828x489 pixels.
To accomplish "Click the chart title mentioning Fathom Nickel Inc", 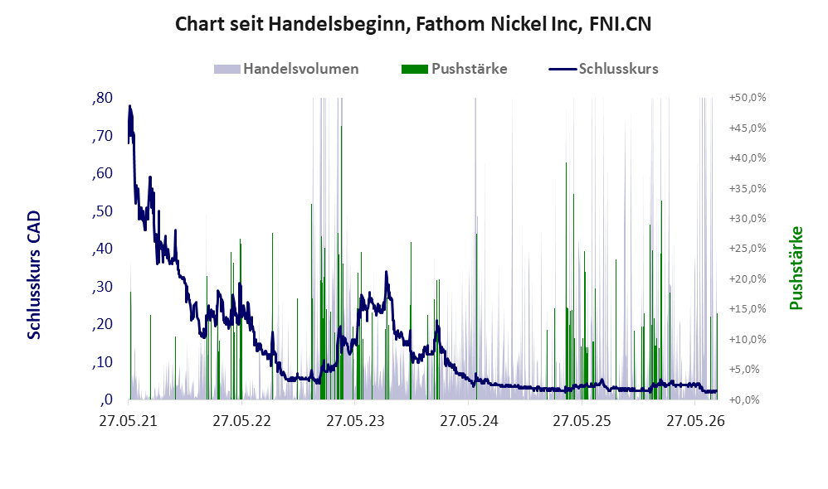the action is coord(413,24).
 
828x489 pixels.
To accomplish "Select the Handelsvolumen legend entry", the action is coord(286,69).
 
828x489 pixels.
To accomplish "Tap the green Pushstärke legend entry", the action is coord(454,69).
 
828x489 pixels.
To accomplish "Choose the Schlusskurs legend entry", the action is coord(603,69).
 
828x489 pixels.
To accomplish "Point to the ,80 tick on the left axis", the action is coord(102,98).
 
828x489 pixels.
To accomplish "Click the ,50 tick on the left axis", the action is coord(102,211).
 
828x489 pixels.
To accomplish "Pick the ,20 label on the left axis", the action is coord(102,324).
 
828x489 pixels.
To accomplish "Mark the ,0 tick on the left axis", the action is coord(106,399).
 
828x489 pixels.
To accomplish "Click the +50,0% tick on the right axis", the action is coord(748,98).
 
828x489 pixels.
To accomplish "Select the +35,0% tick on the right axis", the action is coord(748,188).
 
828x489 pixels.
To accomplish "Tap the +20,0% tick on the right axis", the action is coord(748,279).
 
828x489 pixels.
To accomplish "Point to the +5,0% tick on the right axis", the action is coord(748,370).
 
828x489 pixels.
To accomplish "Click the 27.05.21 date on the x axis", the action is coord(129,421).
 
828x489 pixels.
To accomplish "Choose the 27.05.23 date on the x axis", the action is coord(355,421).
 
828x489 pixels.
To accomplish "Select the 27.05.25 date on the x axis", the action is coord(582,421).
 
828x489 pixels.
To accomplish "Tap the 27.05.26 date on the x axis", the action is coord(695,421).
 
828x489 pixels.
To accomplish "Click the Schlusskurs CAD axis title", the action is coord(34,275).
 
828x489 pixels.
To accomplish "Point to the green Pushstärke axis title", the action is coord(796,268).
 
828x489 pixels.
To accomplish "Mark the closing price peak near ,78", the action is coord(130,106).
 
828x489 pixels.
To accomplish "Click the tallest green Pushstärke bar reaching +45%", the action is coord(341,263).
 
